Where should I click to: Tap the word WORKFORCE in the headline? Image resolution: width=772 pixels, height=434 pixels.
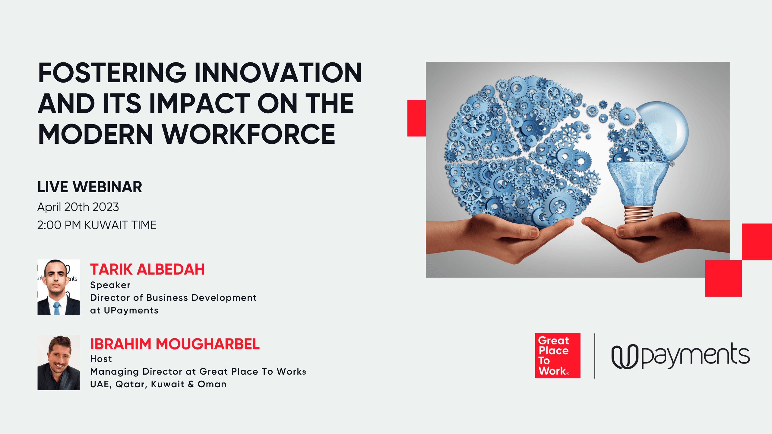[x=249, y=134]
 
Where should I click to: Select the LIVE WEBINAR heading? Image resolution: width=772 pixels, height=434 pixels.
[x=90, y=187]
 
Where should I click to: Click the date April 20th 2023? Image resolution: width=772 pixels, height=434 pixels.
[x=78, y=207]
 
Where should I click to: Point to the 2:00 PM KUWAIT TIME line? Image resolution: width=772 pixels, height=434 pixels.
[x=97, y=225]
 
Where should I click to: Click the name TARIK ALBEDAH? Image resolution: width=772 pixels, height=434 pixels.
[x=147, y=269]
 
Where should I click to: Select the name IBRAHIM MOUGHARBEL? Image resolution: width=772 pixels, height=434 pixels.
[x=175, y=344]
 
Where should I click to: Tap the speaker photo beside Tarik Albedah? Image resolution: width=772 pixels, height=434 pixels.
[x=59, y=287]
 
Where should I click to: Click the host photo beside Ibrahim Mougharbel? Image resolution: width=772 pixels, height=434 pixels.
[x=59, y=363]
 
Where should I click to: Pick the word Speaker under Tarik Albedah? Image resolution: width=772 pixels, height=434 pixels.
[x=110, y=285]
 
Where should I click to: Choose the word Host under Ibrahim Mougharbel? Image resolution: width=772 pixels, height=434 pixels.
[x=101, y=359]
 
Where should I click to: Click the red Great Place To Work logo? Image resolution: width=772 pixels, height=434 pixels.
[x=558, y=356]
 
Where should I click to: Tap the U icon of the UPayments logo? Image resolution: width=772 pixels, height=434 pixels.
[x=625, y=357]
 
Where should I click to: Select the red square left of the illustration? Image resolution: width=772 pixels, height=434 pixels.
[x=416, y=118]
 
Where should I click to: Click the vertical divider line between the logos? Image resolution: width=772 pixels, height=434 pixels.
[x=595, y=356]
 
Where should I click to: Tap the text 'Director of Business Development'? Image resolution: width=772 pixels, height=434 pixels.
[x=173, y=298]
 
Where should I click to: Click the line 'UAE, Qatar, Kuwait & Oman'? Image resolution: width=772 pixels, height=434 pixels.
[x=158, y=384]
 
